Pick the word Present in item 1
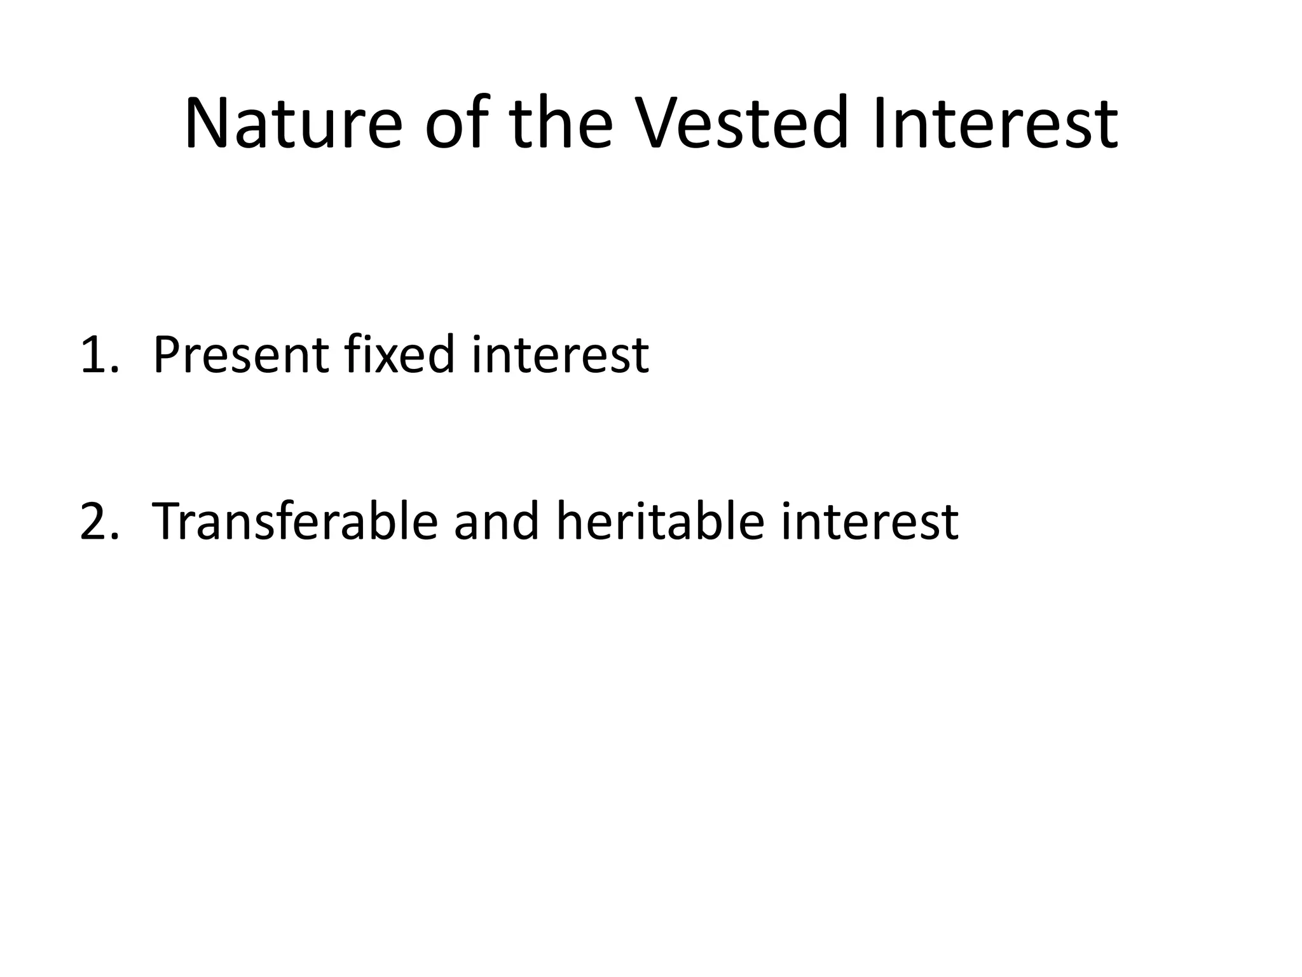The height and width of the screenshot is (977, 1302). (x=240, y=355)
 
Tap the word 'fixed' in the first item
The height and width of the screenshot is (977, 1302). (x=399, y=355)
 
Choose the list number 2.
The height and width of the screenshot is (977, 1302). (x=95, y=522)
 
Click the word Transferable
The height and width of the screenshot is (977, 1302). (x=295, y=522)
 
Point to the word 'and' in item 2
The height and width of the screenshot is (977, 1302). (x=496, y=522)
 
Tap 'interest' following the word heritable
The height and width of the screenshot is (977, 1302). (x=869, y=522)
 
